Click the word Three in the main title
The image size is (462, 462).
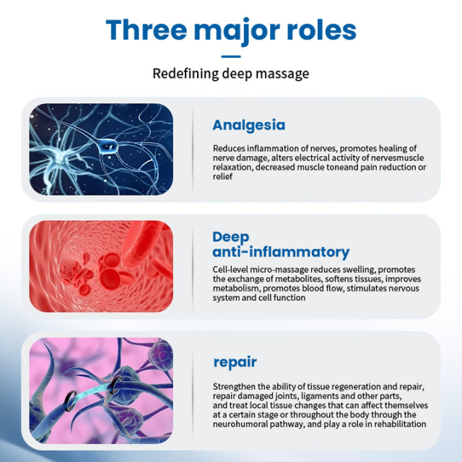coord(147,30)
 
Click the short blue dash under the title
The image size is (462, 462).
coord(231,56)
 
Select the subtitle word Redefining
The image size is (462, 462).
coord(186,74)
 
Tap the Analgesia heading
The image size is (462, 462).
coord(249,125)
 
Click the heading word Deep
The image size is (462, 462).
coord(231,237)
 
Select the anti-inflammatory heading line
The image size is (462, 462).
coord(281,252)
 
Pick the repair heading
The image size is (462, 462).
coord(235,362)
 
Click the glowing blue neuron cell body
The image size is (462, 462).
coord(108,146)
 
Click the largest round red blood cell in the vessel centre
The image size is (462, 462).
coord(110,279)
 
